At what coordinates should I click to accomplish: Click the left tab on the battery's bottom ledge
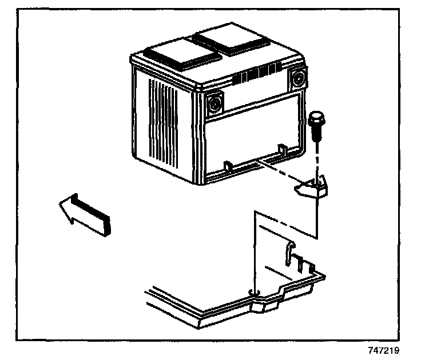point(227,166)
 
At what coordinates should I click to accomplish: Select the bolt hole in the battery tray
point(254,294)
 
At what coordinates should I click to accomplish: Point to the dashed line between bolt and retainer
point(316,160)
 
